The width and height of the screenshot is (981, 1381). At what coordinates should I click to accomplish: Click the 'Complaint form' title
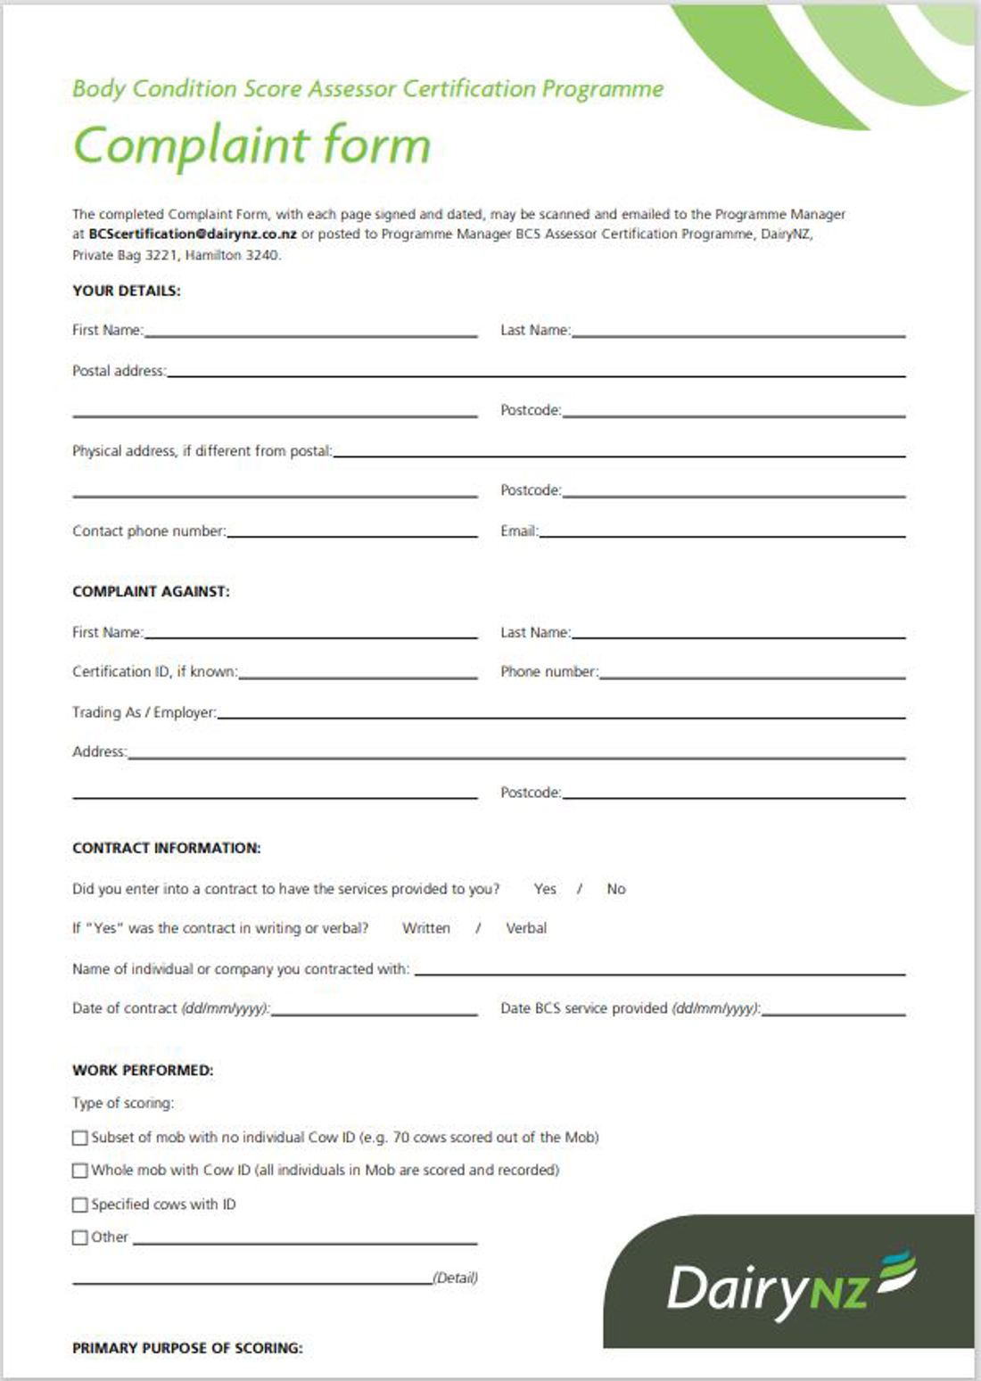(x=251, y=145)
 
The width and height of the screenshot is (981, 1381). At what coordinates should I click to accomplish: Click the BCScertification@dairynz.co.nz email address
(x=193, y=234)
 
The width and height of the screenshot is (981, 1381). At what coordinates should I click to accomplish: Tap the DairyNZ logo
(x=790, y=1285)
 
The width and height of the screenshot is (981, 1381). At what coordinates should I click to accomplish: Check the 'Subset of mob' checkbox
(x=80, y=1138)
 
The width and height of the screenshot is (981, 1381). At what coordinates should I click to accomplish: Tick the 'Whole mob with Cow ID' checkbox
(x=80, y=1171)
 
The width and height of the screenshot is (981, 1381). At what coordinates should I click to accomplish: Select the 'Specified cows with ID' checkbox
(x=80, y=1204)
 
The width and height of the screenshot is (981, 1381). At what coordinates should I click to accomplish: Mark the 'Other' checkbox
(x=80, y=1237)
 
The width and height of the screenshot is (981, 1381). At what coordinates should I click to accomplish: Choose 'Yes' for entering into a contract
(x=544, y=889)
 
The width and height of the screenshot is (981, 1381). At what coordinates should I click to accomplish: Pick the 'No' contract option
(x=615, y=889)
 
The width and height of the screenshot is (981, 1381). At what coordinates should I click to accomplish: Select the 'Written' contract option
(x=425, y=928)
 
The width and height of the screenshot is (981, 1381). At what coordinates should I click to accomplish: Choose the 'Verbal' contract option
(x=525, y=928)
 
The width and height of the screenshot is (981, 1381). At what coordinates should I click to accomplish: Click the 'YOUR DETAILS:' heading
(x=126, y=291)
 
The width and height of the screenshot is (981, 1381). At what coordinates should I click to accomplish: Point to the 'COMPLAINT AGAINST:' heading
(x=151, y=591)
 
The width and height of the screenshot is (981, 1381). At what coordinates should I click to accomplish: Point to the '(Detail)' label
(x=455, y=1278)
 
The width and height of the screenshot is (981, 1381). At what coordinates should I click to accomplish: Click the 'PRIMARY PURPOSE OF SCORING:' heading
(x=187, y=1348)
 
